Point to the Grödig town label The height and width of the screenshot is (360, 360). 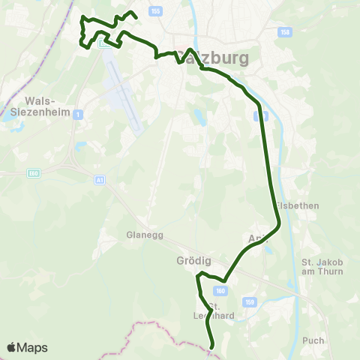pos(193,261)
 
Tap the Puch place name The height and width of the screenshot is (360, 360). pos(313,340)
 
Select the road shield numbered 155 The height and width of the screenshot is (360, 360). pos(155,11)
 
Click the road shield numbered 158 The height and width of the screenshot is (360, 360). pos(284,33)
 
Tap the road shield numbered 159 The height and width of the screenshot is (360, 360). pos(250,301)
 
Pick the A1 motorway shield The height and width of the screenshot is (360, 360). pos(100,180)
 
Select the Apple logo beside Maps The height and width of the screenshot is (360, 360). pos(12,347)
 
